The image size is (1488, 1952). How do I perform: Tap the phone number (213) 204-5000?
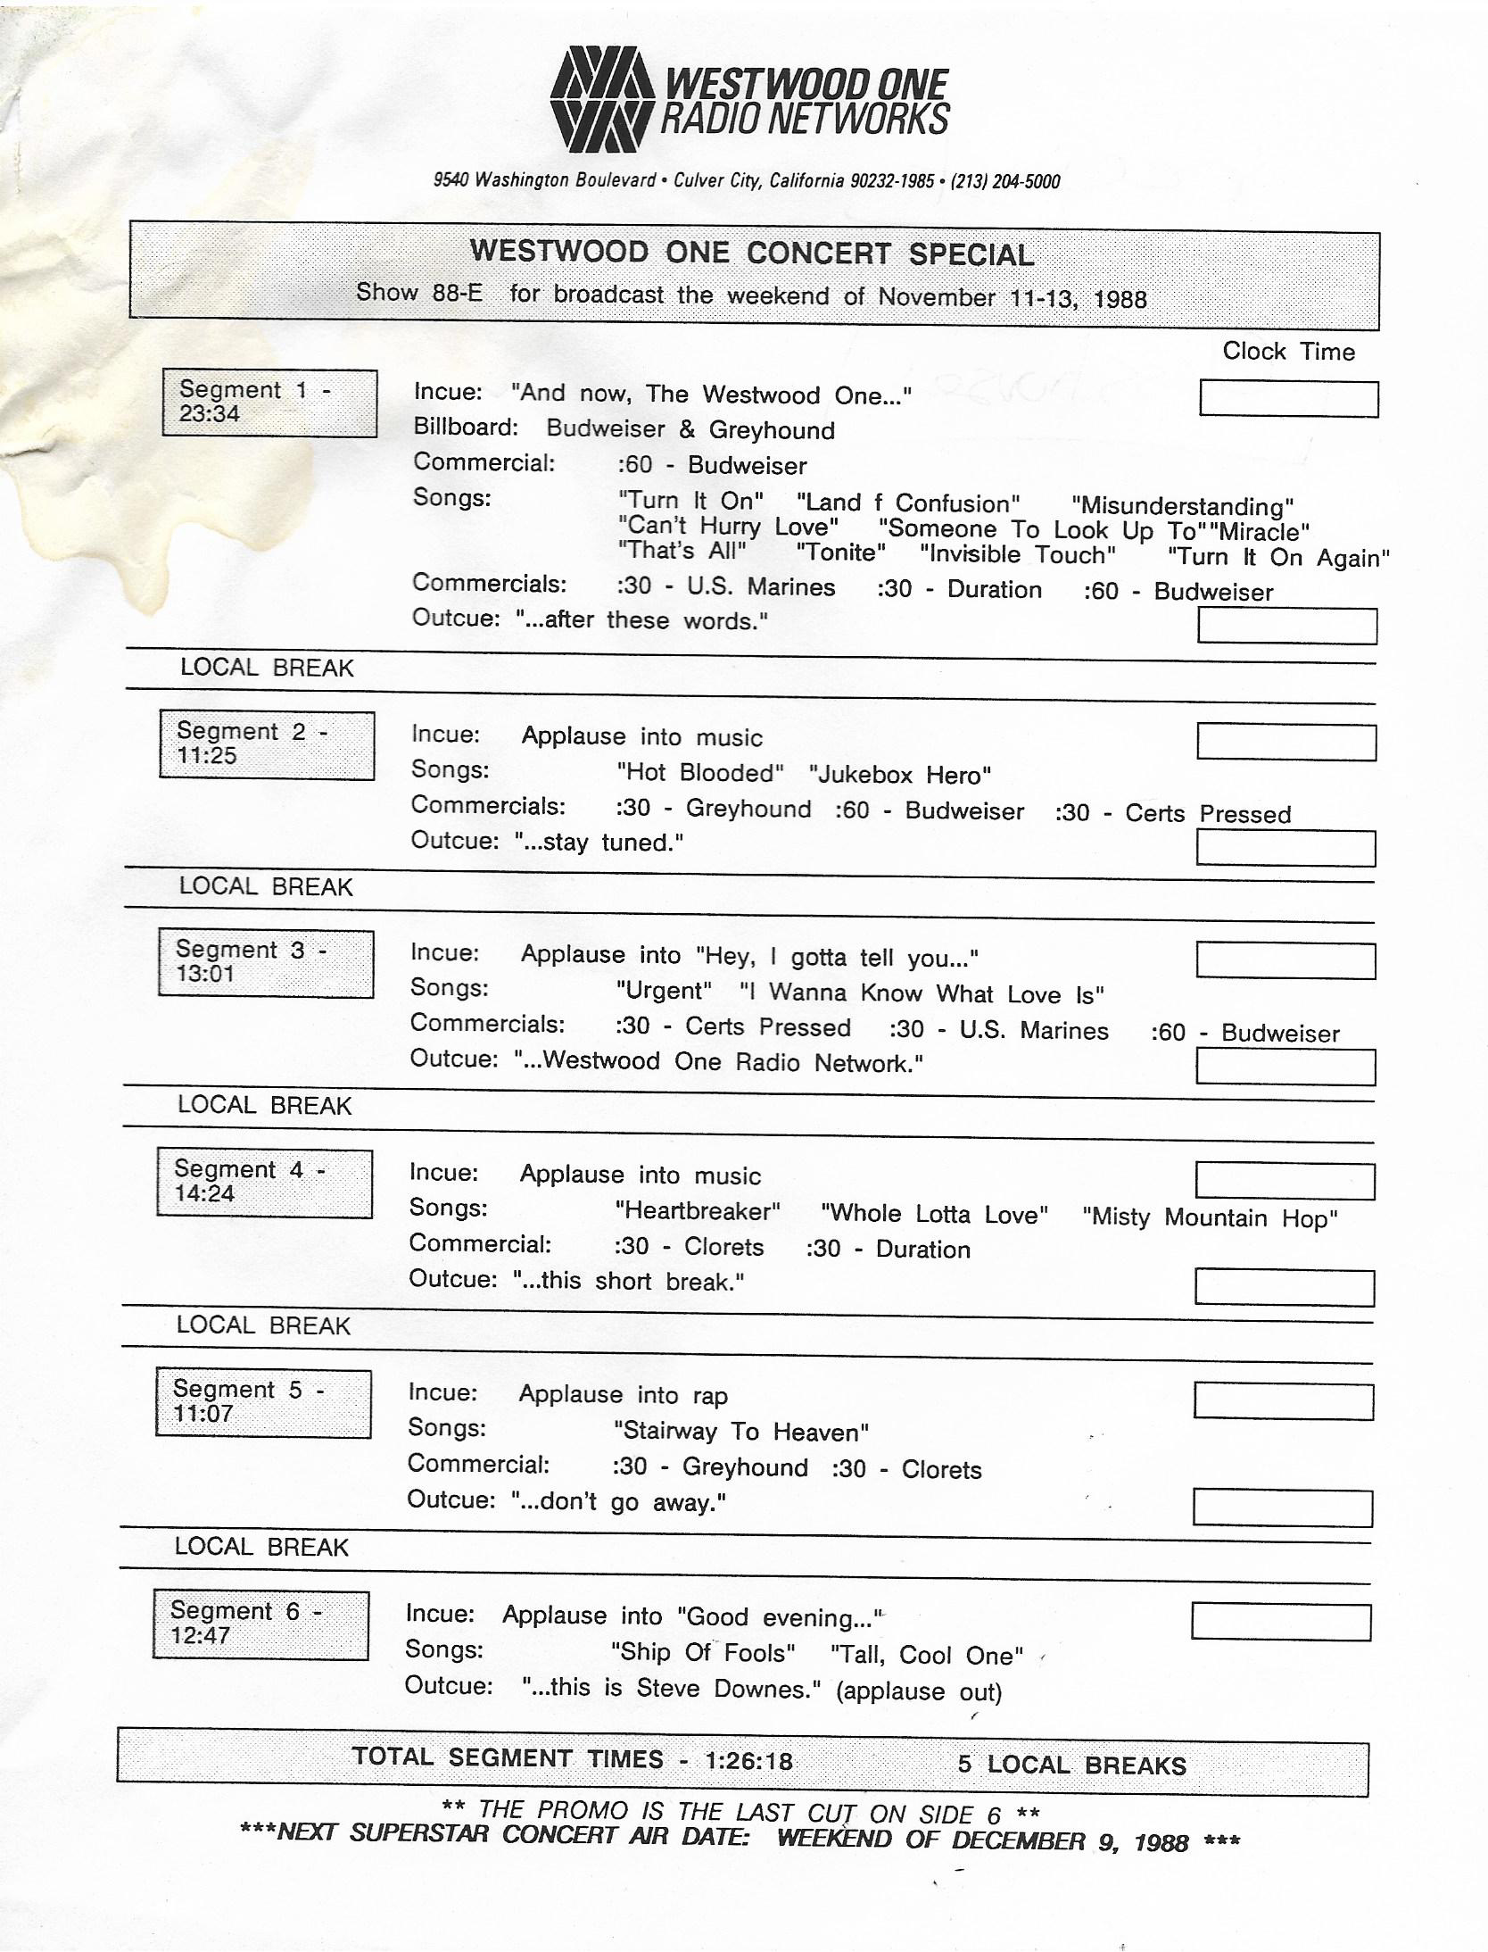point(1004,182)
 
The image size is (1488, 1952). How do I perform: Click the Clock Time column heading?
point(1287,352)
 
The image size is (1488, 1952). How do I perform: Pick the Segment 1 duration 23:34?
point(209,414)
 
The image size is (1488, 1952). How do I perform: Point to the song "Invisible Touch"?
point(1017,555)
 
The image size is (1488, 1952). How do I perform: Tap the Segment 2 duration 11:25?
point(206,756)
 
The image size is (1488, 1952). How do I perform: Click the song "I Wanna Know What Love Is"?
point(922,993)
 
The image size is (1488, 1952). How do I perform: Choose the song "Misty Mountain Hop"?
point(1209,1218)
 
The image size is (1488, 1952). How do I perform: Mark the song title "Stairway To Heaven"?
point(740,1433)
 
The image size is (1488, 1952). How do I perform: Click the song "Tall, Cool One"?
point(927,1656)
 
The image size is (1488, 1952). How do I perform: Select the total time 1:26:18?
point(748,1760)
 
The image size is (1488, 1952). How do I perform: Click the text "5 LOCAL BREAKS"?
point(1071,1765)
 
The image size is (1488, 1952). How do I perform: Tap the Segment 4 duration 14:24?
point(204,1194)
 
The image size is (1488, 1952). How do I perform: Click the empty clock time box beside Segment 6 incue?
point(1280,1622)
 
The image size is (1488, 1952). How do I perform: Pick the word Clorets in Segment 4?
point(723,1247)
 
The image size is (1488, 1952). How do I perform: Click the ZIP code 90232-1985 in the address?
point(891,182)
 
